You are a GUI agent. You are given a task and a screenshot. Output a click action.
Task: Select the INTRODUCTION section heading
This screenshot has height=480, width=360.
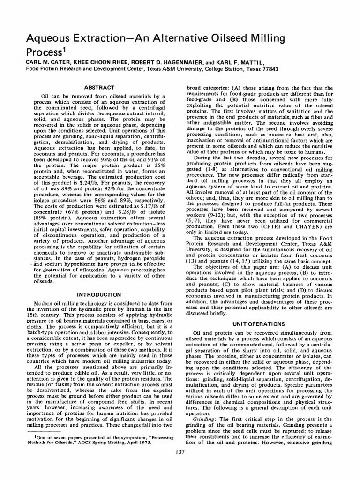coord(98,294)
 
